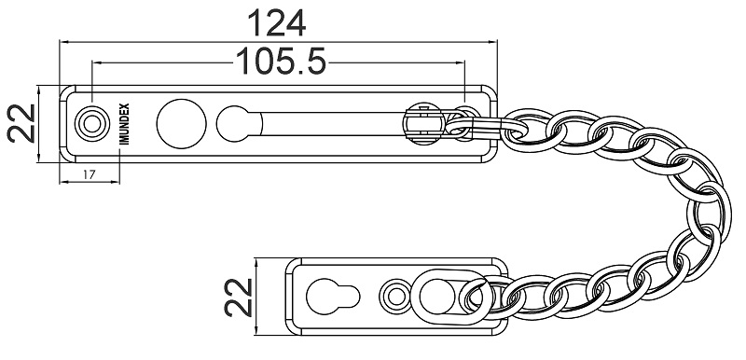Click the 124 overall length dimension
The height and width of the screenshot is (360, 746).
(x=276, y=21)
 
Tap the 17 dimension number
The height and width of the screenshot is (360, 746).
(x=90, y=173)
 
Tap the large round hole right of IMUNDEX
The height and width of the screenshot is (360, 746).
(x=178, y=123)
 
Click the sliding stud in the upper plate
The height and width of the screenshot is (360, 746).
(x=421, y=123)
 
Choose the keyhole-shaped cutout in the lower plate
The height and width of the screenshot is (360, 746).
(x=330, y=297)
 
